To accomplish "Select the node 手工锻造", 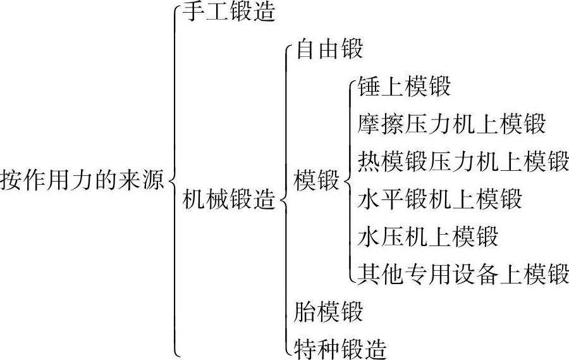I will [x=229, y=13].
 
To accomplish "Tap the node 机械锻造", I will [x=229, y=201].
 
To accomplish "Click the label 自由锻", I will [x=329, y=49].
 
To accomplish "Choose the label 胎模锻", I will [x=329, y=312].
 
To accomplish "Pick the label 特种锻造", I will [x=341, y=348].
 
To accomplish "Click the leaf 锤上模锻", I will [x=404, y=87].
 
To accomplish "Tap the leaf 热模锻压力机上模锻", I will [x=463, y=161].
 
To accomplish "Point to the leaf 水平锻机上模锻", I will [x=440, y=199].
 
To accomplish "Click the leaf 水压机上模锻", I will [x=428, y=237].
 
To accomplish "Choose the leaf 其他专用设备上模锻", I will [x=463, y=274].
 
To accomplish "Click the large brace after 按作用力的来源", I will [x=174, y=180].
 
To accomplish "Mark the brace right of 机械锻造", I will [x=284, y=201].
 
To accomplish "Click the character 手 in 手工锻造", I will [x=194, y=13].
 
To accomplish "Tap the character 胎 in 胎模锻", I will [x=306, y=312].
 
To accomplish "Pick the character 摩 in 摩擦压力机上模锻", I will [x=369, y=124].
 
